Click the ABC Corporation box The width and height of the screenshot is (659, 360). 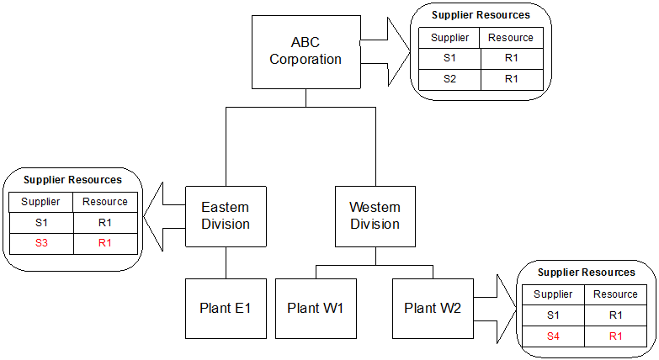(306, 51)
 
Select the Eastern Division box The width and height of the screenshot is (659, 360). (226, 216)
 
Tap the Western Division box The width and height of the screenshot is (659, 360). (375, 216)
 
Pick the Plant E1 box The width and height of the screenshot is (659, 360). (226, 308)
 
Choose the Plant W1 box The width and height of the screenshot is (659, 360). (316, 308)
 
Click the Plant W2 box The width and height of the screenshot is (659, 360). (433, 308)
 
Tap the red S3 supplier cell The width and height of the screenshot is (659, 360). (40, 243)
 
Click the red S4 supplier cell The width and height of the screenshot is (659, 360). (553, 336)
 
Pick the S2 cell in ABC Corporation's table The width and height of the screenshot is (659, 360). (449, 79)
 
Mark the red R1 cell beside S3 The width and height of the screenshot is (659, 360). (105, 243)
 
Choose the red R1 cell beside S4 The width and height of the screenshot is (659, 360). (615, 336)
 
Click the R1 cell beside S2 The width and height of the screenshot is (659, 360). (511, 79)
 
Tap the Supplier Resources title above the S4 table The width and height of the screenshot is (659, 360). (586, 273)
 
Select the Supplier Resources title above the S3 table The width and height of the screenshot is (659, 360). (72, 180)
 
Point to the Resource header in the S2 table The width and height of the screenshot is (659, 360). (511, 38)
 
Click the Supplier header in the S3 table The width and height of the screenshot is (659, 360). (40, 202)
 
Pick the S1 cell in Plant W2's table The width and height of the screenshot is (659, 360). (553, 315)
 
